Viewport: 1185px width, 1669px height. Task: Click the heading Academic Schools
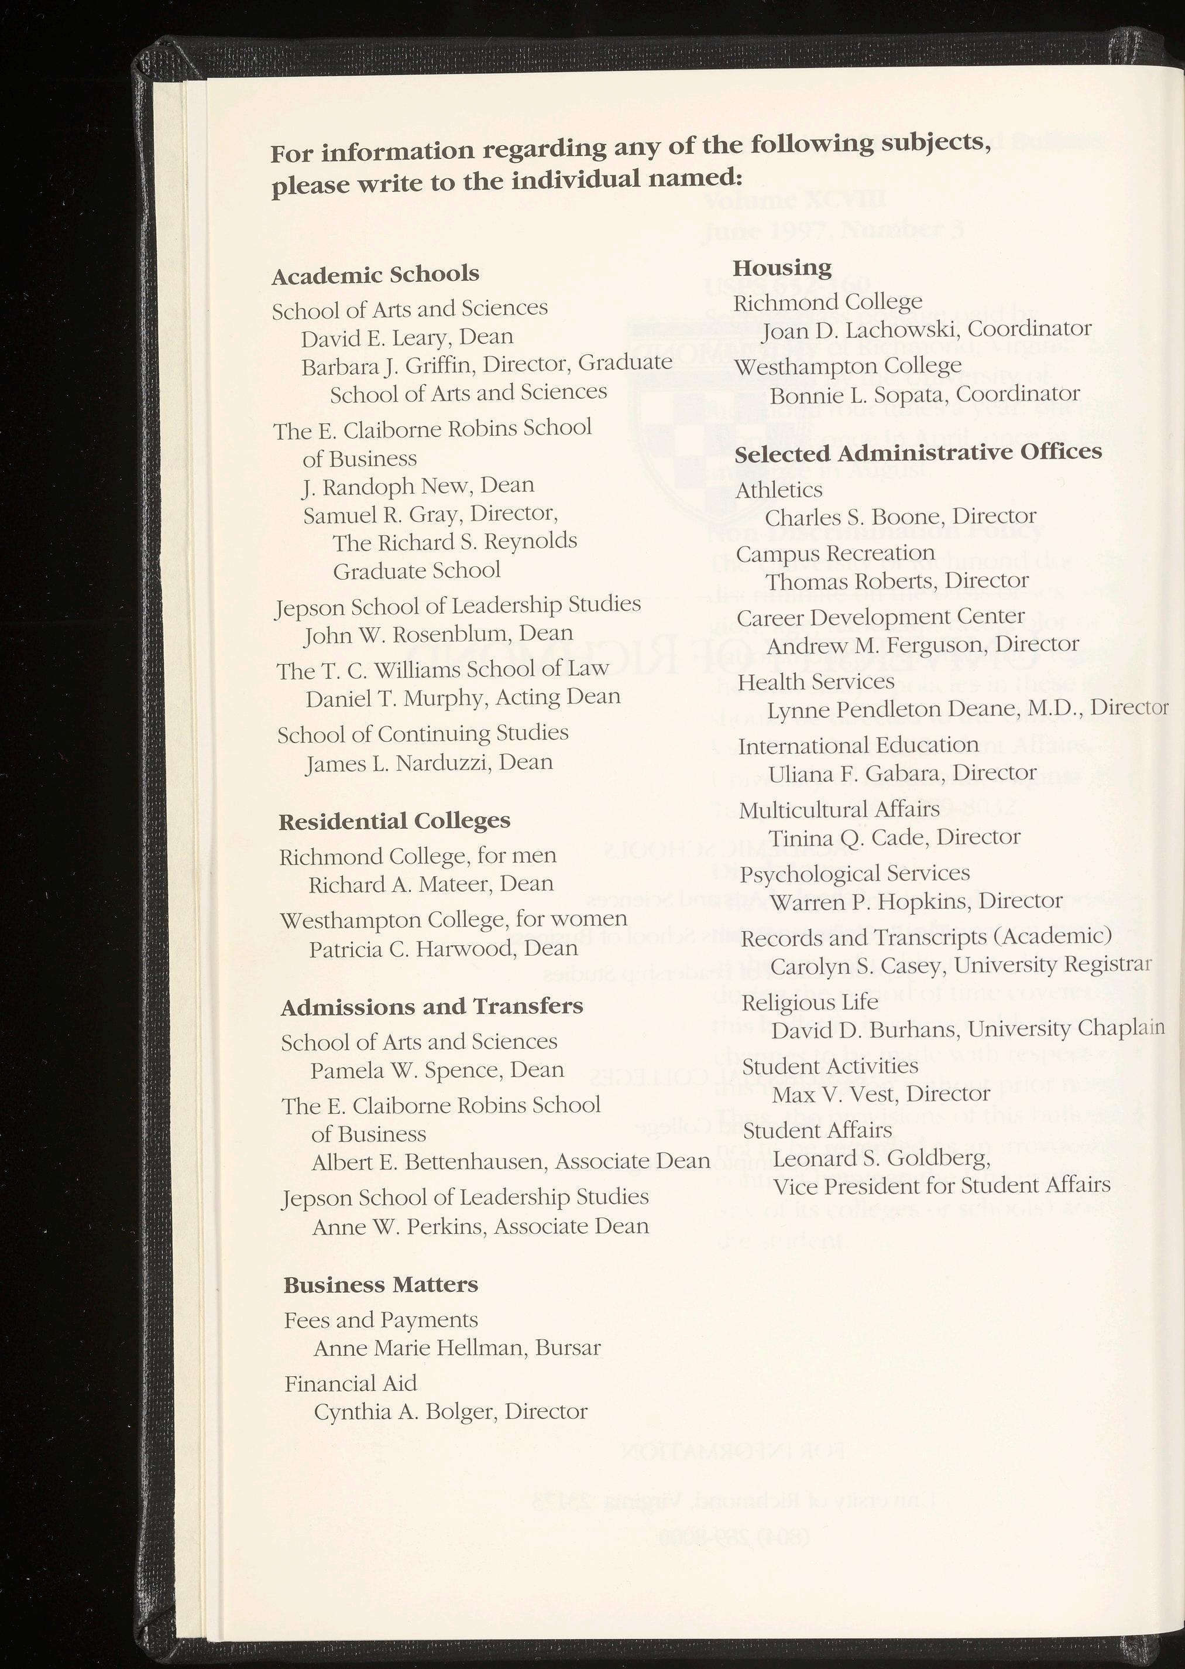point(375,275)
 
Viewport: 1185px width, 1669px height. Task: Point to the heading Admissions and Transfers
point(432,1007)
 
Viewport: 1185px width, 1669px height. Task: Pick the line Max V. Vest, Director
point(881,1094)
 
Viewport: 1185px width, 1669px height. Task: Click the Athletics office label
point(778,490)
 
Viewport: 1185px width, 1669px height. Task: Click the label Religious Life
point(810,1003)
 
